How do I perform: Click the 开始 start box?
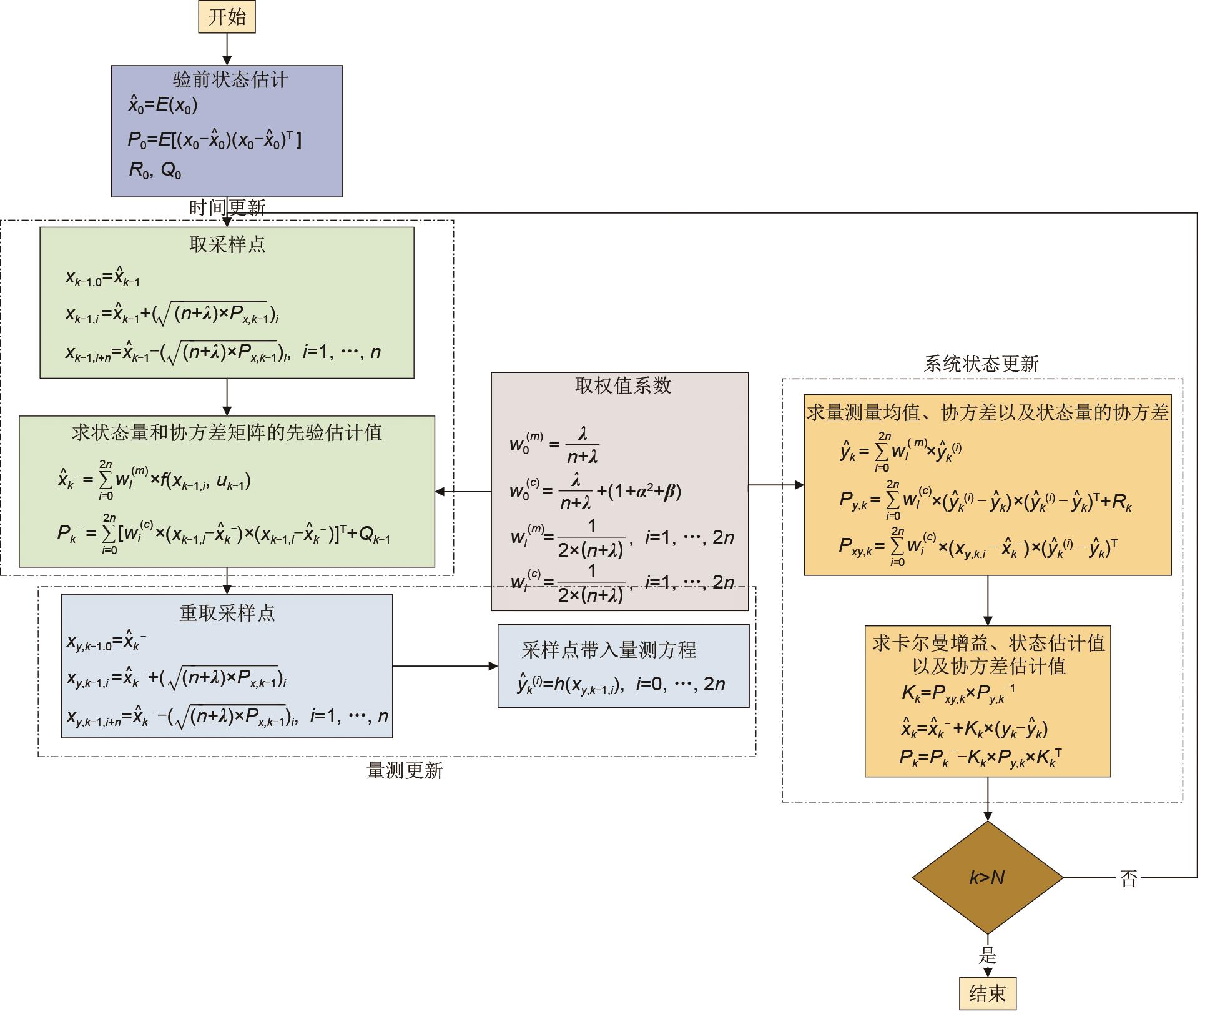[227, 17]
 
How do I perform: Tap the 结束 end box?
[987, 993]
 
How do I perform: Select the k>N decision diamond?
[987, 877]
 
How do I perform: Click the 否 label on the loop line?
[1128, 878]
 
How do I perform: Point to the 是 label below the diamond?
[987, 955]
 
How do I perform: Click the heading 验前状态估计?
[230, 80]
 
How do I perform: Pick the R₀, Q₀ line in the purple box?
[155, 170]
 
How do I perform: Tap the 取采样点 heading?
[227, 244]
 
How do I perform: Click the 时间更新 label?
[227, 207]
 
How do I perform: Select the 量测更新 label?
[405, 771]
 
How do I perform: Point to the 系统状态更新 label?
[981, 364]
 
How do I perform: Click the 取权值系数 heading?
[623, 385]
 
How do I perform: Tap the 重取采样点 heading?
[227, 613]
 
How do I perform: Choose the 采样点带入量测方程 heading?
[609, 650]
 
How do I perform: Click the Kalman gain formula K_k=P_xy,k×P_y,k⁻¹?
[958, 693]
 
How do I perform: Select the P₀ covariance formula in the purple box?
[215, 139]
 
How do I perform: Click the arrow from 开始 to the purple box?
[227, 49]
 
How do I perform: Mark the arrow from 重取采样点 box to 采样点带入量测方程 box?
[445, 666]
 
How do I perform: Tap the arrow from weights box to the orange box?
[775, 484]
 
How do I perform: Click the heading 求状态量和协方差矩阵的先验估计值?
[227, 432]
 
